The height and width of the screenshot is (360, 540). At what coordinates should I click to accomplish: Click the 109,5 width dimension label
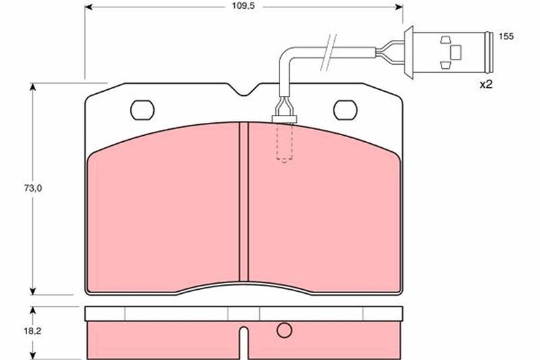click(243, 6)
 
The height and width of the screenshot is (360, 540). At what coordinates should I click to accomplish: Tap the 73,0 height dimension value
click(32, 188)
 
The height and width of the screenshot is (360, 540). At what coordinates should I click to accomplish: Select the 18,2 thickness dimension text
click(32, 331)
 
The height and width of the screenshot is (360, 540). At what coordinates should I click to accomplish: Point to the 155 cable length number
click(506, 36)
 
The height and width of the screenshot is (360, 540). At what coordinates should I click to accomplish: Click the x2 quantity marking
click(486, 84)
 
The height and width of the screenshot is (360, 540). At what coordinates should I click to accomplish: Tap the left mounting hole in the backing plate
click(142, 110)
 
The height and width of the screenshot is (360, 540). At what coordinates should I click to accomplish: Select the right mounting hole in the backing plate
click(346, 110)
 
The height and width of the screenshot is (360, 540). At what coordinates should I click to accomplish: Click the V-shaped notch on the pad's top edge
click(244, 90)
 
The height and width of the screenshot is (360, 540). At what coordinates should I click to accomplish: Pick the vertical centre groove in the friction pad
click(244, 201)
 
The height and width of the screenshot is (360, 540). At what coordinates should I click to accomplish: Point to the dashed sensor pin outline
click(284, 143)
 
